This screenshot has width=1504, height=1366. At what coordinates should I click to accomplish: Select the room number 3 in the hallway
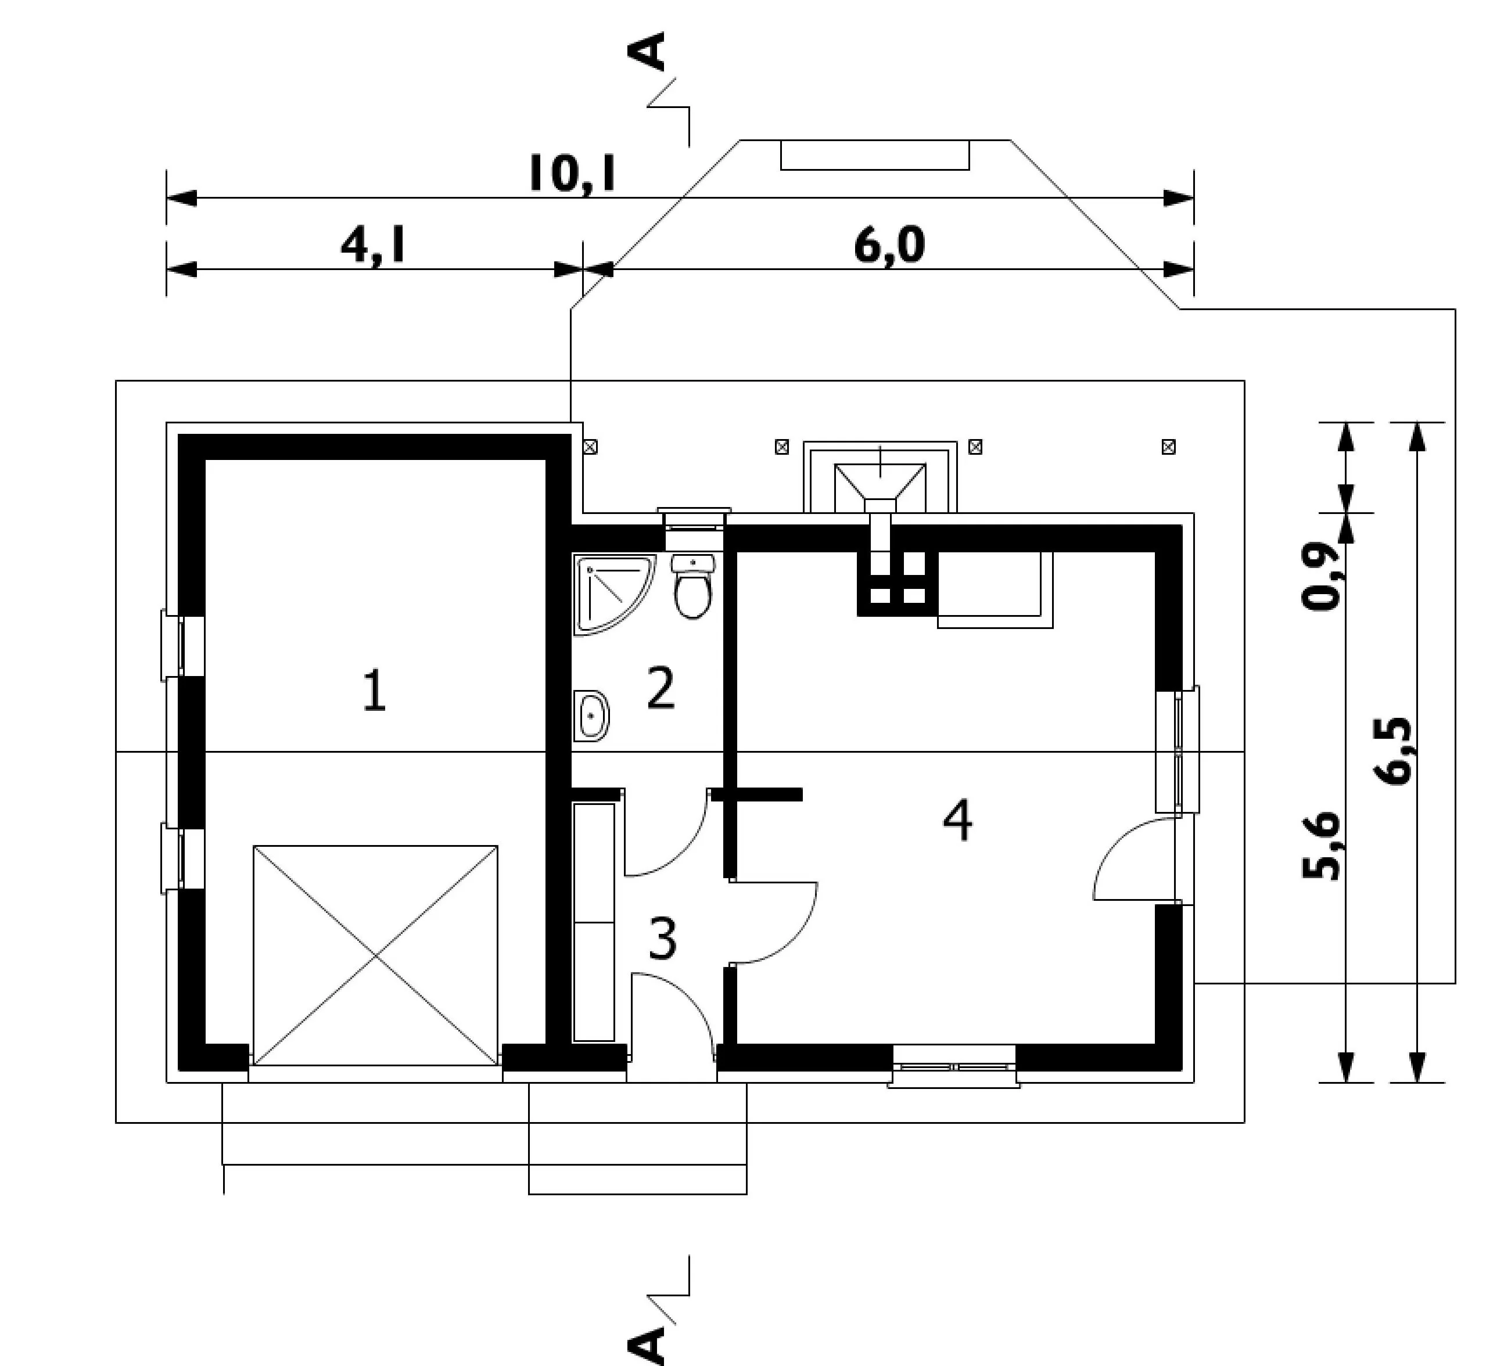(662, 939)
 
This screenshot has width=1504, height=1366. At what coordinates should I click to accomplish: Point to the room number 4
(958, 820)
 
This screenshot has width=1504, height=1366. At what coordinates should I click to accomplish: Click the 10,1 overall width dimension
(572, 173)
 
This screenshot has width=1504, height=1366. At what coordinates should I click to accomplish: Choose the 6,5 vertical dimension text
(1391, 752)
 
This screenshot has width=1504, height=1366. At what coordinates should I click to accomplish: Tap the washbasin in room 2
(591, 716)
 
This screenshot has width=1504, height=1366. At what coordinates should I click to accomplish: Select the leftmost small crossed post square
(590, 447)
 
